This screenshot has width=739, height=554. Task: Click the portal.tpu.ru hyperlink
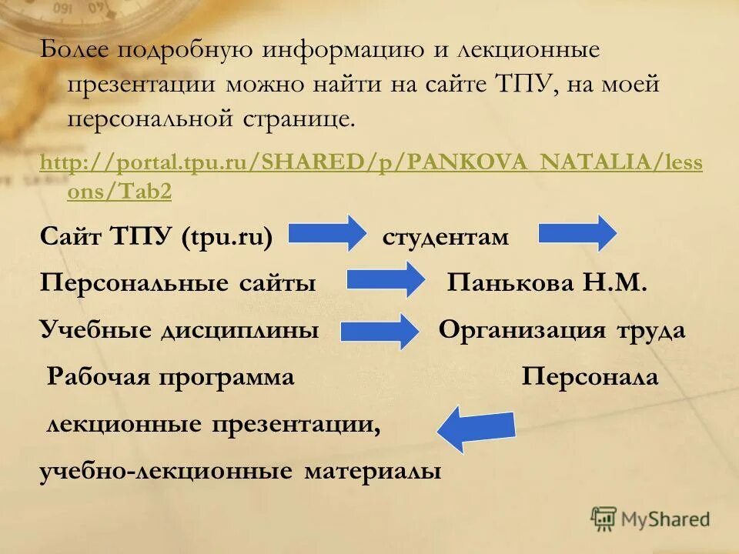point(370,164)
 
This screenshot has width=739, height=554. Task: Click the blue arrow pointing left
point(475,429)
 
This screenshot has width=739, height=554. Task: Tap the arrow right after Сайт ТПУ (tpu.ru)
point(328,234)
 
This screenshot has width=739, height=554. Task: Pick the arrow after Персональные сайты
point(386,281)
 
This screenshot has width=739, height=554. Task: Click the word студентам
point(445,237)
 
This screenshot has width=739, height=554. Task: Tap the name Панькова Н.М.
point(547,283)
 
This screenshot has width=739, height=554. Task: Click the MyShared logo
point(650,519)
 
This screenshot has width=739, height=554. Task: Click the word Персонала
point(590,377)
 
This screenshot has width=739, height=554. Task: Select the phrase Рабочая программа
point(171,377)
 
